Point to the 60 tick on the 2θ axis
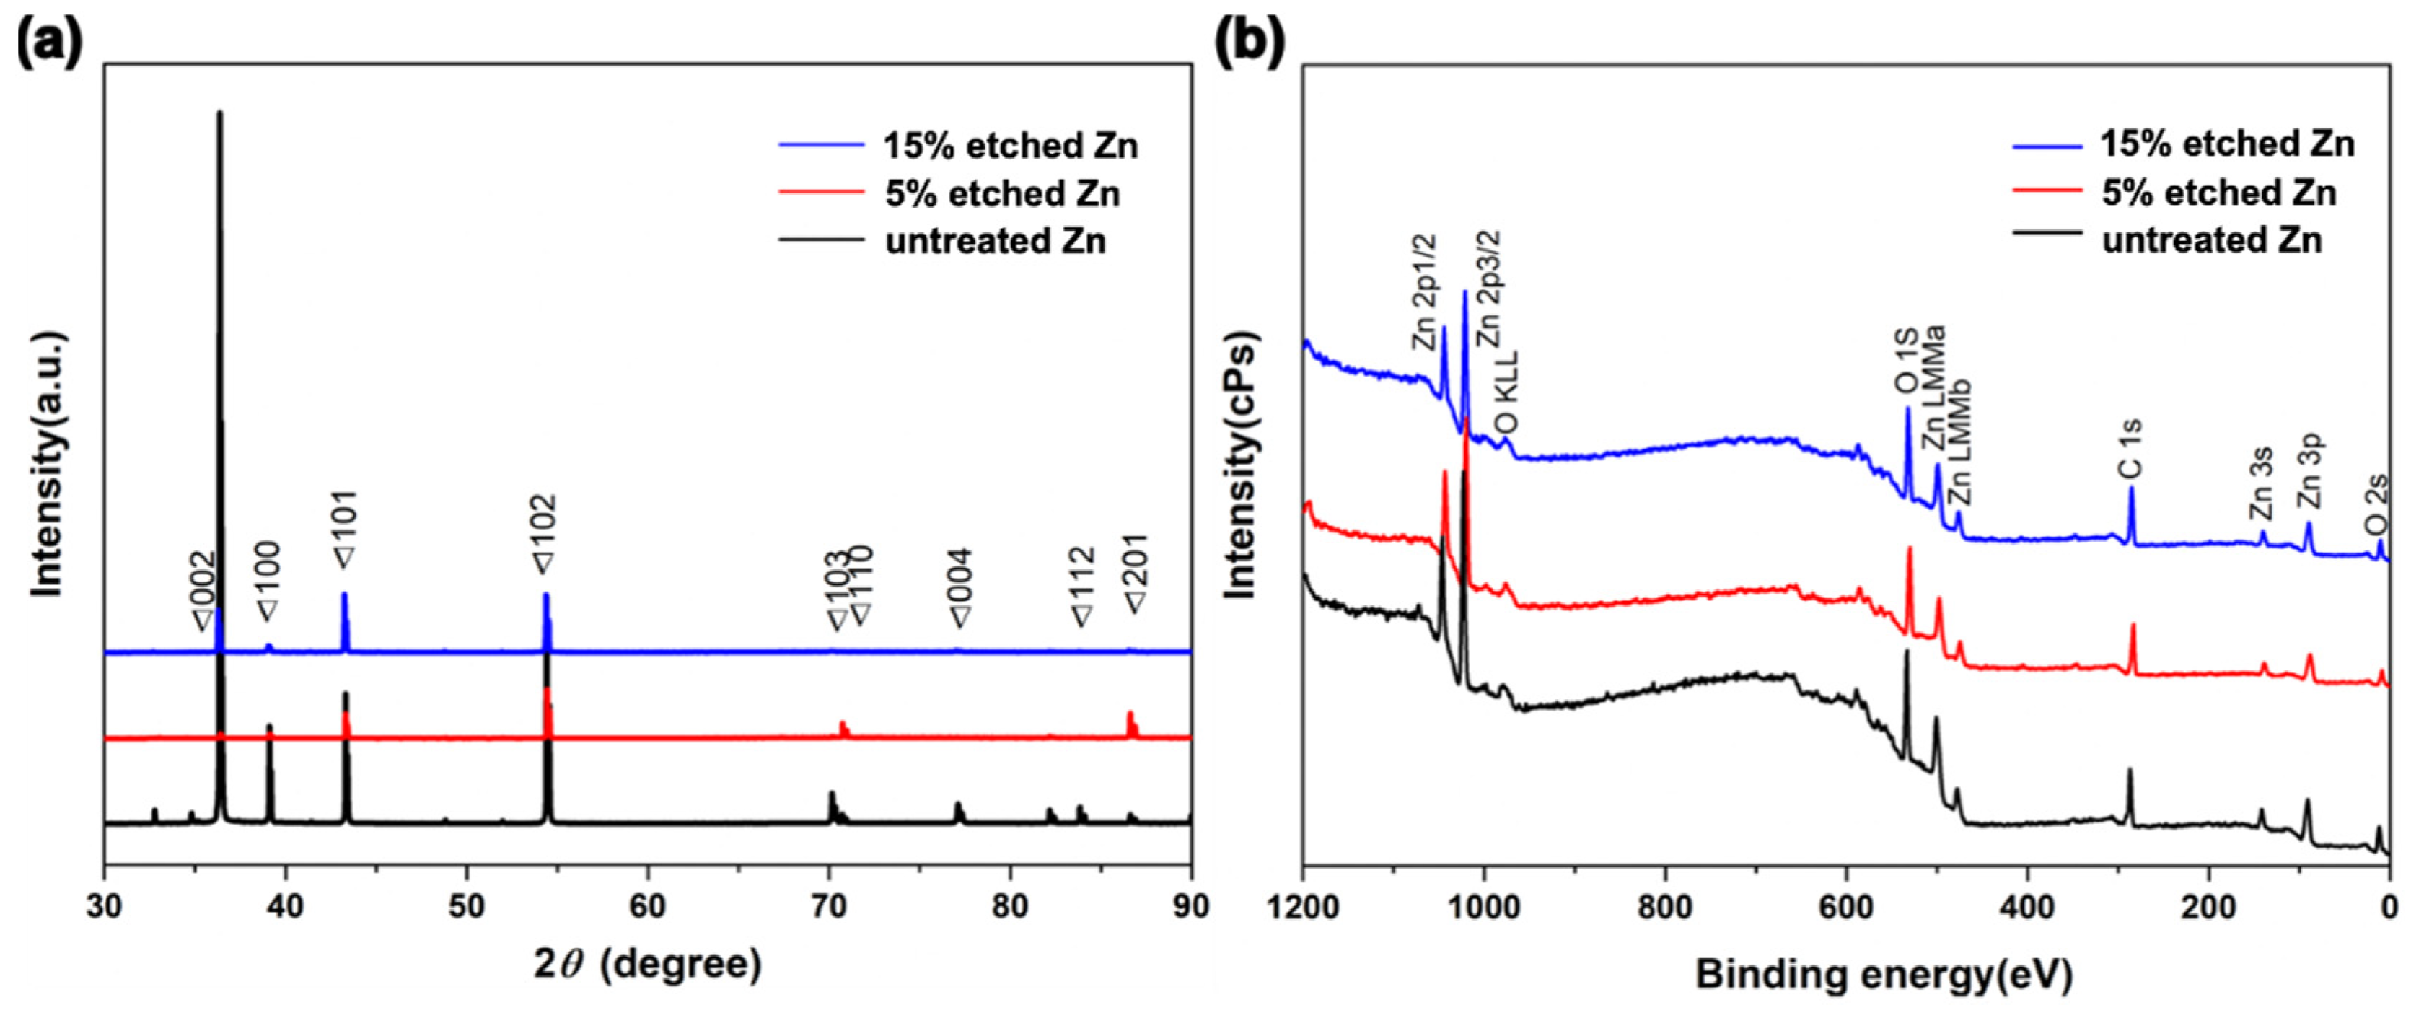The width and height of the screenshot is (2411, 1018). (x=648, y=908)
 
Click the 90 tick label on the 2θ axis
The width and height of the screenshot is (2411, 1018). (x=1190, y=908)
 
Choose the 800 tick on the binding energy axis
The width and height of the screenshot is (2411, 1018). (x=1666, y=908)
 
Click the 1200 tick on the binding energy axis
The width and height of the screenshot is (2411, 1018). (x=1303, y=908)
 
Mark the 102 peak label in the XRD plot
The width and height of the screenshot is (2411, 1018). (x=544, y=533)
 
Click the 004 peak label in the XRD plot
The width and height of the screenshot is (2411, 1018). (x=960, y=587)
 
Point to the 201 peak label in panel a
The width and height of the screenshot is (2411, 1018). (x=1136, y=574)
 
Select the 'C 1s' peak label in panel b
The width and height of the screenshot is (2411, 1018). (x=2130, y=449)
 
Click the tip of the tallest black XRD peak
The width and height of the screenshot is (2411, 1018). (x=220, y=113)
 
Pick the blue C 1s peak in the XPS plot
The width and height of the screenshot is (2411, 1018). (x=2131, y=488)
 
